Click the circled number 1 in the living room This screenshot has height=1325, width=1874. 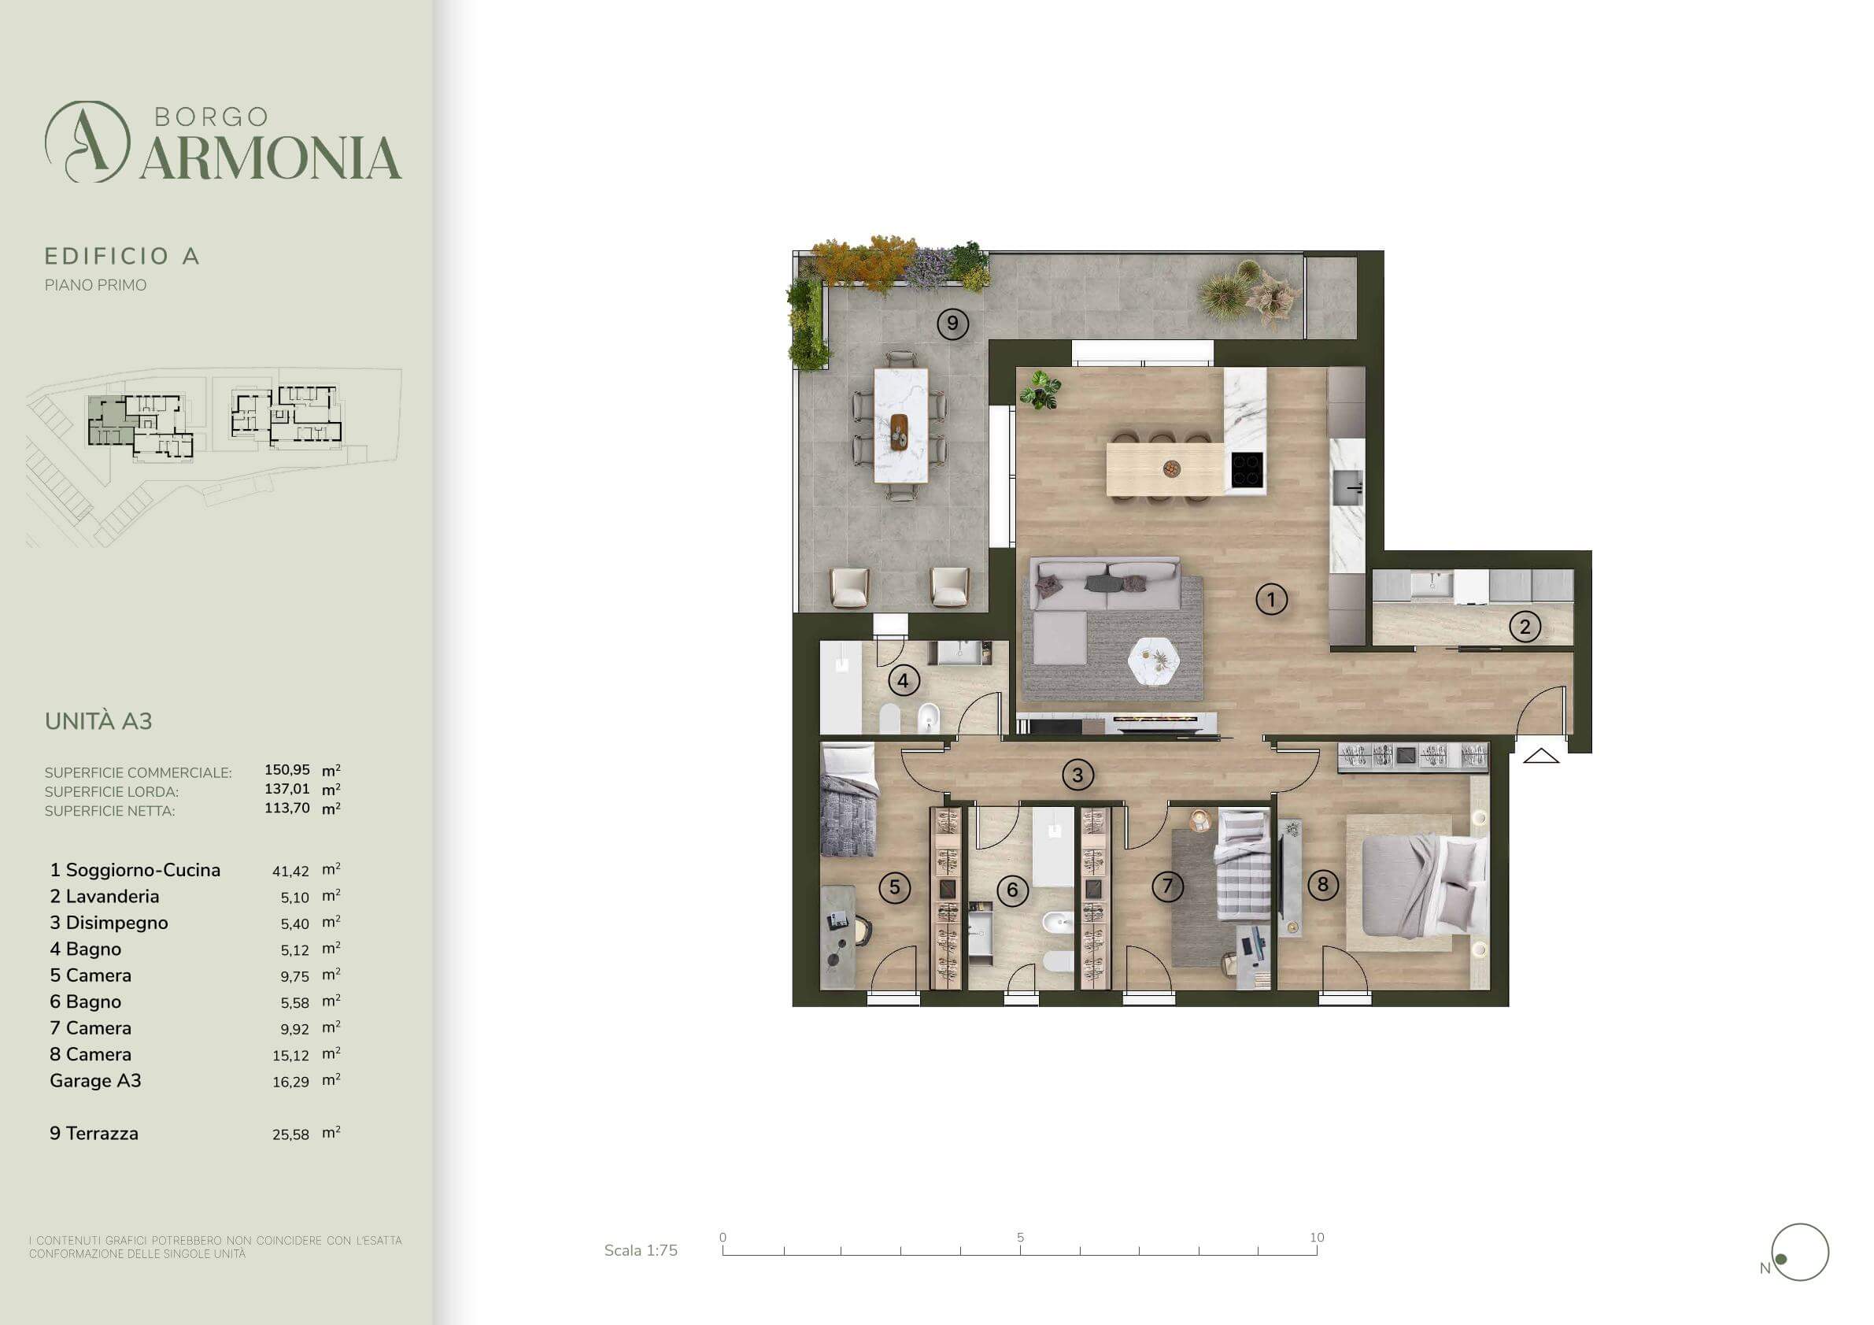(x=1271, y=599)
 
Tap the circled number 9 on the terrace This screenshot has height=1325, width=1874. (x=952, y=324)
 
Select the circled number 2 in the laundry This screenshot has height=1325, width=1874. (x=1525, y=627)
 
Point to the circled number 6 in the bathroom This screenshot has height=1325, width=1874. (x=1012, y=889)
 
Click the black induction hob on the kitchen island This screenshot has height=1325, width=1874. (x=1247, y=470)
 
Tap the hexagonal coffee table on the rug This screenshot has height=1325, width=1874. (x=1154, y=661)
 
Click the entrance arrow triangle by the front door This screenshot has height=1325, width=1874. (x=1541, y=756)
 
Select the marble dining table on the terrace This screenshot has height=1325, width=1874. (x=900, y=425)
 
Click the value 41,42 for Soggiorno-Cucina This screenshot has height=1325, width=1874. (x=290, y=872)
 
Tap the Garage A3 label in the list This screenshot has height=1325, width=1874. (x=95, y=1080)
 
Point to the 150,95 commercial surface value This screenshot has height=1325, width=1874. (x=287, y=770)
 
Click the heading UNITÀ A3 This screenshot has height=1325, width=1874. (x=98, y=721)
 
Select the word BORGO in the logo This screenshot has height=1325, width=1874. (x=212, y=117)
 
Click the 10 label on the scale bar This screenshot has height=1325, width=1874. (x=1317, y=1238)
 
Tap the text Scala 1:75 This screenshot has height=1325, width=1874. (x=641, y=1250)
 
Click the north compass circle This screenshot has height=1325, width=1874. (x=1800, y=1253)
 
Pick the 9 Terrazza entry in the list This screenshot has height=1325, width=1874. (x=94, y=1133)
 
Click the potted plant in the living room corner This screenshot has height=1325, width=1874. (x=1040, y=390)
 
